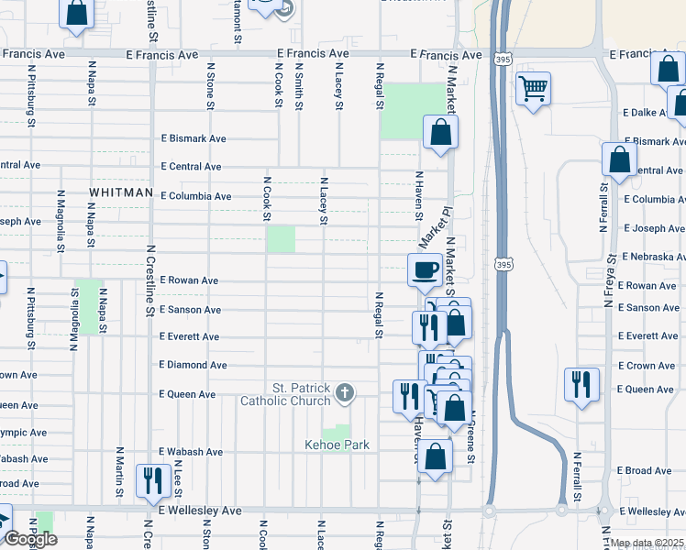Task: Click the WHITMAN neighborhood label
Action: point(120,192)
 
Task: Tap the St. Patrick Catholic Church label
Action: point(285,394)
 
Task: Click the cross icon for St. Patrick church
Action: point(345,394)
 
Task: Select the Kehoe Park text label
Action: point(337,445)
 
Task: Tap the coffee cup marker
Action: point(424,269)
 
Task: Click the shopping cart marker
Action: point(533,89)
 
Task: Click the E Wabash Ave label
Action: point(191,452)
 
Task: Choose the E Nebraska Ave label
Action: point(653,257)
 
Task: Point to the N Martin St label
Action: point(119,473)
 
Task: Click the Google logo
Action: point(29,539)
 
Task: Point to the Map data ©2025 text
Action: point(647,543)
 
